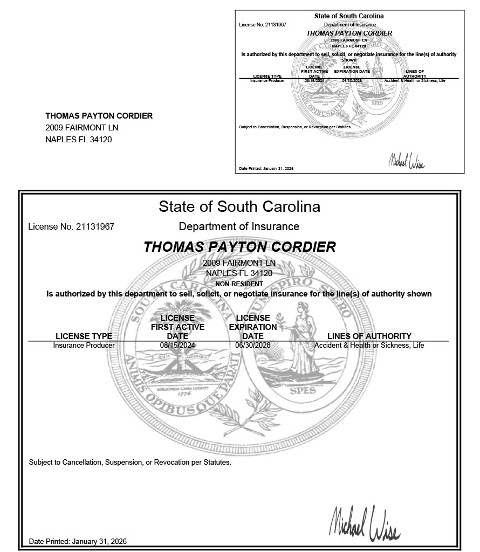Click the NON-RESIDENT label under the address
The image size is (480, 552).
[239, 284]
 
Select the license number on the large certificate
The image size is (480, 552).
[71, 227]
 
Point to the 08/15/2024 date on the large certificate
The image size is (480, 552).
[177, 346]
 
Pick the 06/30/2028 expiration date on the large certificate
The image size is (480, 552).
[253, 346]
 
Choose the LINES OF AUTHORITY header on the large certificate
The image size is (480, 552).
[369, 336]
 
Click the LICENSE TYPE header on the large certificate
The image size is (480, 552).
[84, 336]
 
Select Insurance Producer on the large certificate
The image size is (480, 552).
[84, 346]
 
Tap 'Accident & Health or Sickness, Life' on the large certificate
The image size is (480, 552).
[369, 346]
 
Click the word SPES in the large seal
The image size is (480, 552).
[303, 391]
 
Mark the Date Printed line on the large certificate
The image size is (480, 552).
[78, 541]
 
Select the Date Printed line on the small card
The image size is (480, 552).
[266, 169]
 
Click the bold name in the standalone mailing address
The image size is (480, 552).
[99, 116]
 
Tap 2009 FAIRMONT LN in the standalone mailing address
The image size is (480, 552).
[81, 128]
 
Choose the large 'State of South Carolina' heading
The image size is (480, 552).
[239, 206]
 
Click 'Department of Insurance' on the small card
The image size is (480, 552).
[350, 25]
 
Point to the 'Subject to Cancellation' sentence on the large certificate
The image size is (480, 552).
[130, 463]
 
